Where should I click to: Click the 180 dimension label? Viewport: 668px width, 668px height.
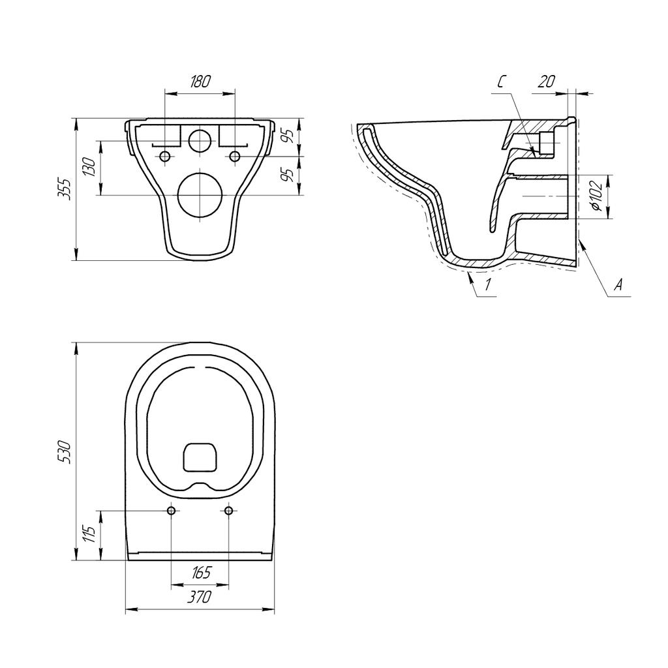200,82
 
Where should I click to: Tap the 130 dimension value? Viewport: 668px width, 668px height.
91,168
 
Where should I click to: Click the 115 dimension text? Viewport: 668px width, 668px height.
91,535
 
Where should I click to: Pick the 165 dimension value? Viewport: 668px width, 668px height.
200,573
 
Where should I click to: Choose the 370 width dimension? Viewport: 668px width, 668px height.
200,597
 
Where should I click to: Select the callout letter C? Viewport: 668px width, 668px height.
501,82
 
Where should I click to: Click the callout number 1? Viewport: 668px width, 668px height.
487,284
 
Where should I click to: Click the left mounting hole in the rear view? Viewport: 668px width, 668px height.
164,157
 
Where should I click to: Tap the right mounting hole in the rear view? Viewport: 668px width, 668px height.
235,157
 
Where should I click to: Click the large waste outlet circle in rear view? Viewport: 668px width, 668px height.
200,195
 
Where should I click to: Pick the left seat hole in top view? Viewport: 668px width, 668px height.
171,510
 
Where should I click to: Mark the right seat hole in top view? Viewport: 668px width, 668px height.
228,510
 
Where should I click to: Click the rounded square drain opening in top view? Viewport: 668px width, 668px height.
200,457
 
